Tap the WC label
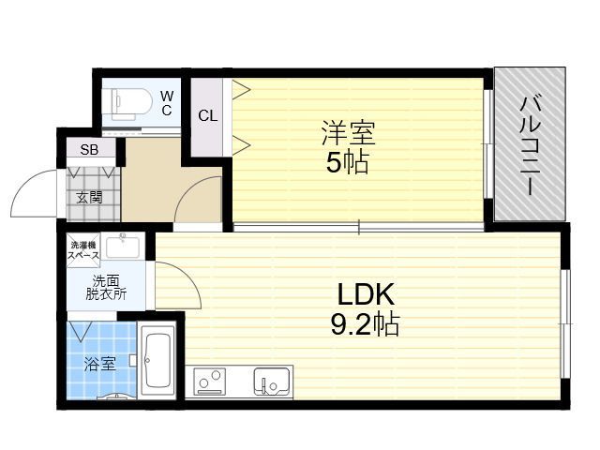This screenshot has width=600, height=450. click(167, 102)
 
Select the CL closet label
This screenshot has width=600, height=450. click(208, 115)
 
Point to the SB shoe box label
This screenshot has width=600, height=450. click(89, 150)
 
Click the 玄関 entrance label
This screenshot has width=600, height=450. click(90, 197)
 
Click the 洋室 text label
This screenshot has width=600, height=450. click(348, 133)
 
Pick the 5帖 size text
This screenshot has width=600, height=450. click(347, 162)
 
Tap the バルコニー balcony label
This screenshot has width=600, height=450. click(530, 146)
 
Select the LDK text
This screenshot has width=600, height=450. click(366, 293)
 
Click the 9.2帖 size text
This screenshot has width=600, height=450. click(365, 323)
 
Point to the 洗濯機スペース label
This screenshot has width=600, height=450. click(83, 250)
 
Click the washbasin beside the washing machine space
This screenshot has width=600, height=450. click(123, 247)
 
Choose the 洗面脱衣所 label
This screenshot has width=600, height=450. click(106, 288)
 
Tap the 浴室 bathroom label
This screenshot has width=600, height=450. click(100, 364)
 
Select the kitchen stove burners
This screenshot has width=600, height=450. click(209, 382)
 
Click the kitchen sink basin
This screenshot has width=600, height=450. click(271, 382)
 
